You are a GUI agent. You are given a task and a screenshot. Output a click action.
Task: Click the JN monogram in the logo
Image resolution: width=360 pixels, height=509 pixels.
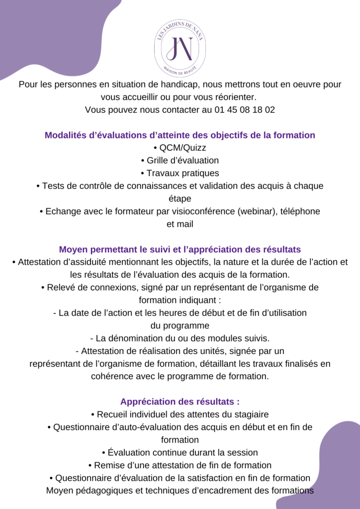(180, 47)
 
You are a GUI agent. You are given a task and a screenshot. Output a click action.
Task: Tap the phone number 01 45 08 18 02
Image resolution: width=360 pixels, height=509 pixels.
(245, 110)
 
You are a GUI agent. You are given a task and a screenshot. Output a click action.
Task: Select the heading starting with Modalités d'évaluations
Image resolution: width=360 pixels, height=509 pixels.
(180, 135)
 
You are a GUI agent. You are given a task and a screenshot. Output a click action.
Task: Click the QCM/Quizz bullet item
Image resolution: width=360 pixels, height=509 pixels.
(180, 148)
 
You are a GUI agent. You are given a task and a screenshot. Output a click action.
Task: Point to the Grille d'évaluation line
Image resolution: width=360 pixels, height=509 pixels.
(180, 161)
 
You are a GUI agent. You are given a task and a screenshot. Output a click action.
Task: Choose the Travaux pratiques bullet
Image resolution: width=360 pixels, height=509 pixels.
(180, 173)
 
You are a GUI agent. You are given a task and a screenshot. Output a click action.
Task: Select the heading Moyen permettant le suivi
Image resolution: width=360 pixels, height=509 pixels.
(180, 249)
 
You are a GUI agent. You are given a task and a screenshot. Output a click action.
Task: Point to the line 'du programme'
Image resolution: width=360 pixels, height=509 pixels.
(180, 326)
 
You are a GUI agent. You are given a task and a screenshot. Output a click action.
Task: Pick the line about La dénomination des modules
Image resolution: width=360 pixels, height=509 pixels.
(180, 339)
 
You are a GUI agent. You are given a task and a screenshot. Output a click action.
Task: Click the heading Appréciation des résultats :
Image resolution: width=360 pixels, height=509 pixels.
(180, 402)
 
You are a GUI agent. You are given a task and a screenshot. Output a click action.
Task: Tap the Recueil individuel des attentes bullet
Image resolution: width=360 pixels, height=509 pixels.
(180, 414)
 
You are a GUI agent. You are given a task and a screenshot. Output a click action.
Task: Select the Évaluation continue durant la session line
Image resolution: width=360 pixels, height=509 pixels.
(180, 453)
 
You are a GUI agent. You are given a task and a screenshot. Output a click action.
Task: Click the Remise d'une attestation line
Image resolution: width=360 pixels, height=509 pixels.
(180, 465)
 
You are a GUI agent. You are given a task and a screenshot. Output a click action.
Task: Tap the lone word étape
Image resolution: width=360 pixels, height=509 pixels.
(180, 198)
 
